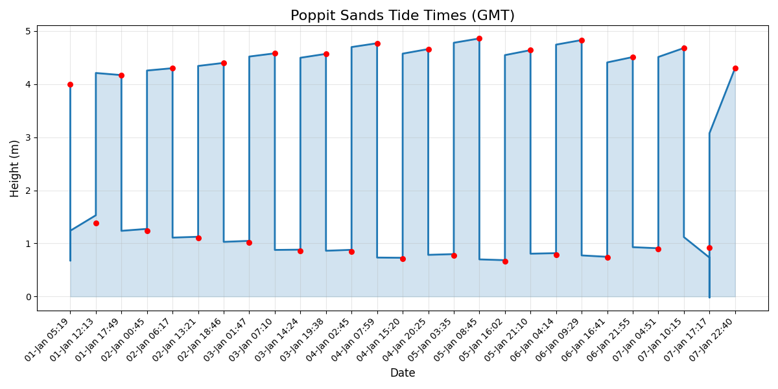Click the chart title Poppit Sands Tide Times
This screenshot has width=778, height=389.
coord(402,16)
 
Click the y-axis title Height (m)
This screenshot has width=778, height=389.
coord(15,168)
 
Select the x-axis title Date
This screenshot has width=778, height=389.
coord(402,373)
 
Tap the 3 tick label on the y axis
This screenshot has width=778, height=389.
coord(29,137)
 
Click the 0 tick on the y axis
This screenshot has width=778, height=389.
coord(29,297)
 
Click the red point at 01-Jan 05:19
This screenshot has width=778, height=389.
coord(70,84)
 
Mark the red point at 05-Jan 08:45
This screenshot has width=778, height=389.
coord(479,38)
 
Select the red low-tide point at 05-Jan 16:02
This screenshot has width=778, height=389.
coord(505,261)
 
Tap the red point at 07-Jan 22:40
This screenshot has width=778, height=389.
coord(735,68)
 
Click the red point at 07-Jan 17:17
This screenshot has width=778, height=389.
coord(709,248)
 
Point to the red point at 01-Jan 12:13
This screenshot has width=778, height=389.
coord(96,223)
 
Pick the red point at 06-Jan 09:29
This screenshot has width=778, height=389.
coord(582,40)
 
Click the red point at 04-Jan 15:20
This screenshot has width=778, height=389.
coord(403,259)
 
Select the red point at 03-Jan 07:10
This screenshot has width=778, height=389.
coord(275,53)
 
